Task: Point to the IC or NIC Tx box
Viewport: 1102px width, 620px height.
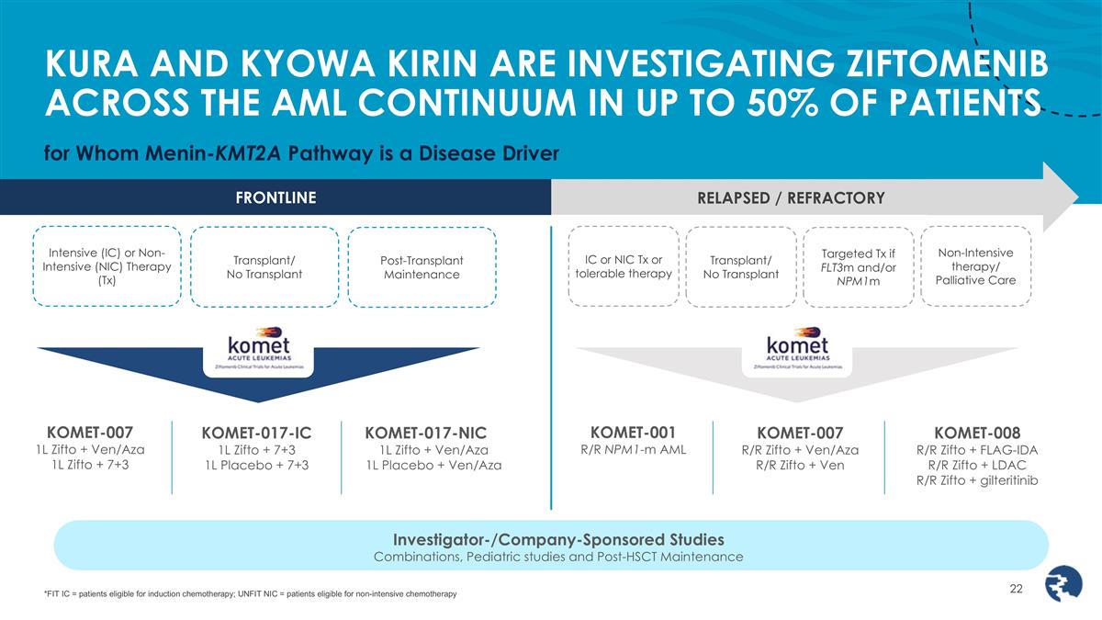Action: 623,265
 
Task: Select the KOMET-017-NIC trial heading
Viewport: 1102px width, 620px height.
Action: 425,433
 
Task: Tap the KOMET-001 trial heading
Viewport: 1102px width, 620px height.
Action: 633,432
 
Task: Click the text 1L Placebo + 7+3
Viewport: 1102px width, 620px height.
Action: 257,465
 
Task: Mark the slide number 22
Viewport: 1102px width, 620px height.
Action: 1016,589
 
